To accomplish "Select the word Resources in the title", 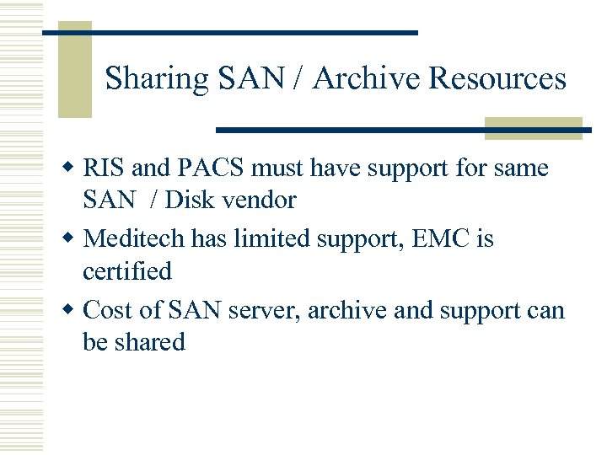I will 497,78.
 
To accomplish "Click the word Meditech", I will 136,239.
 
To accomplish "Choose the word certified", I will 127,271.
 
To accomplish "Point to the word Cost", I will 107,310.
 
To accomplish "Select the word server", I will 262,311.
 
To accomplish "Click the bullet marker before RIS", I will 72,169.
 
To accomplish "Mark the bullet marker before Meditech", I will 72,239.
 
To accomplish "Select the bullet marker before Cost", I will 72,310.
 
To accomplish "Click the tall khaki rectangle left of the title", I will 74,70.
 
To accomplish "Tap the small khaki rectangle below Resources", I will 534,128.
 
